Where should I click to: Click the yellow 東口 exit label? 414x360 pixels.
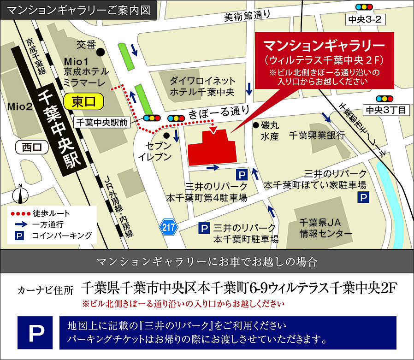tap(87, 101)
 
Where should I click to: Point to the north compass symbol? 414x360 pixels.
tap(20, 195)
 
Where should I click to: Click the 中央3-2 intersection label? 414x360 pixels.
tap(364, 19)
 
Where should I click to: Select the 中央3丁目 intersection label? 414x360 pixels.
tap(386, 110)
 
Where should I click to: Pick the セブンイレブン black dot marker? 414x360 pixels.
tap(166, 135)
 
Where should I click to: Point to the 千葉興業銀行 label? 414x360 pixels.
tap(317, 136)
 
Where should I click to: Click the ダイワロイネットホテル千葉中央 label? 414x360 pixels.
tap(202, 86)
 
